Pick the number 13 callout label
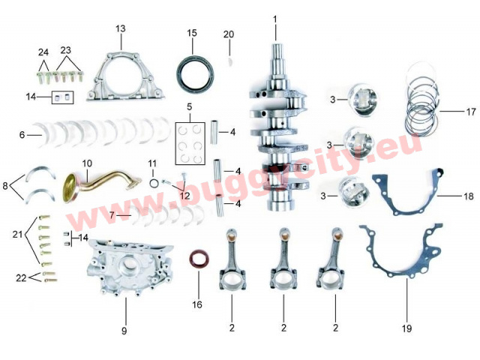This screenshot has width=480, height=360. tap(121, 28)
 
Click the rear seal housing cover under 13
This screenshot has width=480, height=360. tap(125, 76)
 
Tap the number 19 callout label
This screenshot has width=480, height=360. tap(406, 328)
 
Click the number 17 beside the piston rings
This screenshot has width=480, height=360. tap(471, 112)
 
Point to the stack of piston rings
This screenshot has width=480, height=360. tap(422, 100)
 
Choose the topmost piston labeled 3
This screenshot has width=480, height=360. tap(363, 98)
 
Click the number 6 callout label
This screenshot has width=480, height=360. tap(22, 135)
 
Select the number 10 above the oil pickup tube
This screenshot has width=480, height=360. tap(87, 163)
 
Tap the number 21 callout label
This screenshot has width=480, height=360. tap(18, 235)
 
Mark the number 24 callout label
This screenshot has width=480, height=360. tap(43, 52)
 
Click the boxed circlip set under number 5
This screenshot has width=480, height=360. tap(190, 143)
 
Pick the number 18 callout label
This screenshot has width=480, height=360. tap(469, 196)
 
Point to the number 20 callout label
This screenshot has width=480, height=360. tap(229, 34)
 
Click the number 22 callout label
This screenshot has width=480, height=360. tap(22, 278)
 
